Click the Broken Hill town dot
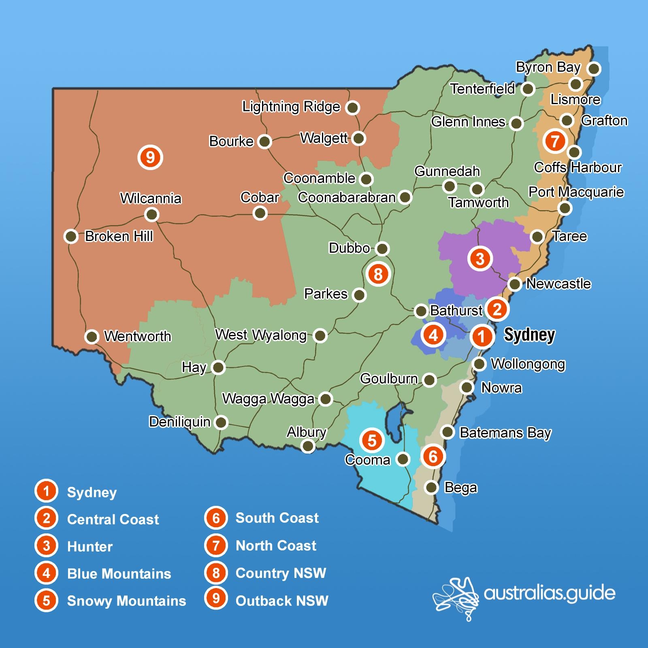[x=71, y=236]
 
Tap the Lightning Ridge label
[x=291, y=107]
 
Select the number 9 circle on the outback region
[x=150, y=157]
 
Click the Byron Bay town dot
[x=594, y=69]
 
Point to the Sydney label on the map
[x=529, y=335]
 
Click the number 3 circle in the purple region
[x=480, y=258]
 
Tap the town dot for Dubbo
[x=382, y=248]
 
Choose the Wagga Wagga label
[x=268, y=399]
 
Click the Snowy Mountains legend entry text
[x=126, y=601]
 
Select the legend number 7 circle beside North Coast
[x=216, y=546]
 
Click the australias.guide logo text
[x=549, y=593]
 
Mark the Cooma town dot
[x=403, y=459]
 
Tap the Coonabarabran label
[x=347, y=198]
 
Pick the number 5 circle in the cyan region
[x=372, y=440]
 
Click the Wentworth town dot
[x=92, y=336]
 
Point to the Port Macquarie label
[x=576, y=192]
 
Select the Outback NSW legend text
[x=282, y=601]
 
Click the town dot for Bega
[x=432, y=487]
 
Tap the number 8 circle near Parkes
[x=378, y=274]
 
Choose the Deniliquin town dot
[x=221, y=422]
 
